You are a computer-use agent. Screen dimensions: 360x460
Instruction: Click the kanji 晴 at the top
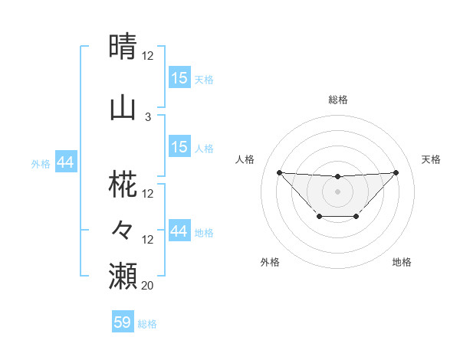(x=123, y=46)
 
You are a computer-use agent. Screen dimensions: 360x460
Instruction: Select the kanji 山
(x=123, y=107)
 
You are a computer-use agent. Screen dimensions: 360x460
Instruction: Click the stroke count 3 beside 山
(x=148, y=116)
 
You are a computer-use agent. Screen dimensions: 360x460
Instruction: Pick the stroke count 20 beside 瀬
(x=148, y=285)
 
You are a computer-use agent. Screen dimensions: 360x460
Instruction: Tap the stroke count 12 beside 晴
(x=148, y=55)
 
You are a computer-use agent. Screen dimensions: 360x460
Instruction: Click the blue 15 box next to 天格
(x=179, y=78)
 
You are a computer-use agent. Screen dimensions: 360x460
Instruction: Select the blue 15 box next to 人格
(x=179, y=147)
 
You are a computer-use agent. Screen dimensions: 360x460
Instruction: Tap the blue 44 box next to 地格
(x=179, y=231)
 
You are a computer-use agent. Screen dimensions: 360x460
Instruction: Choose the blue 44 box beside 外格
(x=65, y=162)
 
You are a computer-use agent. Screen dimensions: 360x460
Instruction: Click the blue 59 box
(x=123, y=322)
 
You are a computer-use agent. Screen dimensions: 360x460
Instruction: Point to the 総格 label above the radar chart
(x=337, y=100)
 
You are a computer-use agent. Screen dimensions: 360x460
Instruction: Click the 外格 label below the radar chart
(x=270, y=262)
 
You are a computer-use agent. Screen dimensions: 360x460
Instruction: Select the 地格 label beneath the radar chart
(x=402, y=262)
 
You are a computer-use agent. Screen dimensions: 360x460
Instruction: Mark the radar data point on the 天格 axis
(x=396, y=172)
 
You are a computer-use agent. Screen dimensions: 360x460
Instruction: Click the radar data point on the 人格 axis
(x=279, y=172)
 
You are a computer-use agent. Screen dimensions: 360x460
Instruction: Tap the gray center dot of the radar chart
(x=337, y=191)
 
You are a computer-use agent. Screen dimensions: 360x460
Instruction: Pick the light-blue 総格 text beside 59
(x=147, y=324)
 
